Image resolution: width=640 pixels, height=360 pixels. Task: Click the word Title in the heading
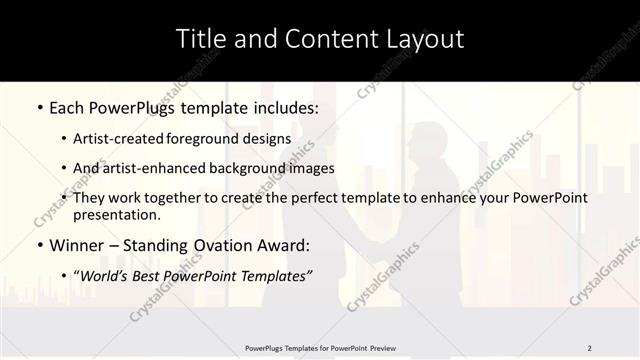click(199, 39)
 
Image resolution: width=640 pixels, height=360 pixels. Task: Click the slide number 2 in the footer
click(590, 347)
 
